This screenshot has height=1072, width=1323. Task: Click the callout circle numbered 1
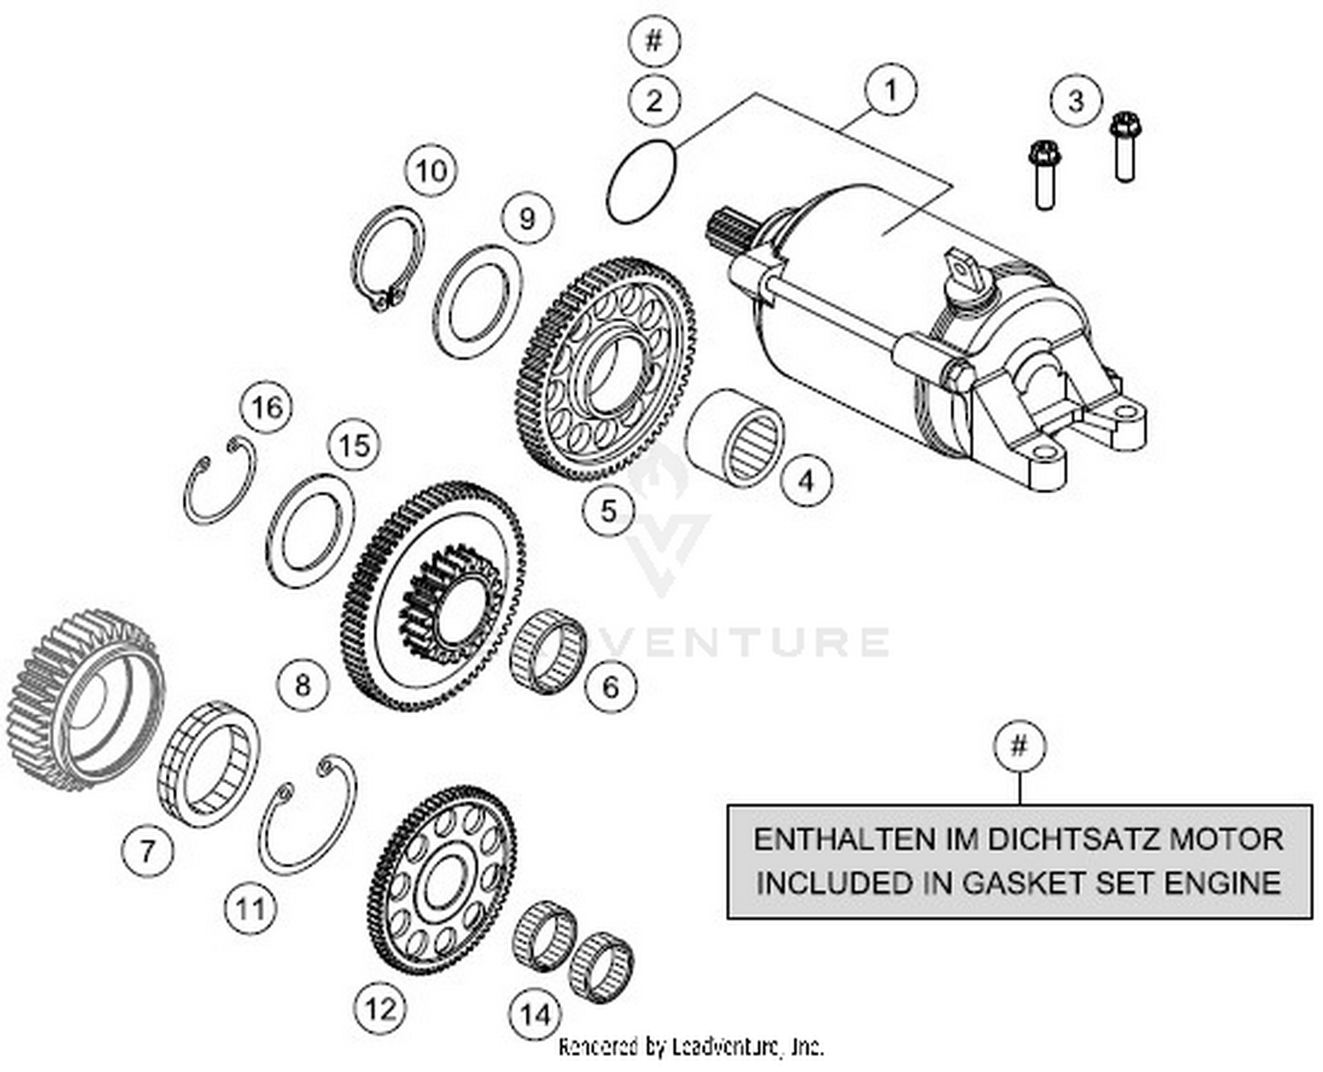pyautogui.click(x=890, y=90)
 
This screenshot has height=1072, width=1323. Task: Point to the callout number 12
pyautogui.click(x=381, y=1007)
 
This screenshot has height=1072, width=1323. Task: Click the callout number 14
pyautogui.click(x=535, y=1015)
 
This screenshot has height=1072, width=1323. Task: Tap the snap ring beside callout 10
pyautogui.click(x=388, y=259)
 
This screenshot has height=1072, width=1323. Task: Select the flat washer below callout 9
pyautogui.click(x=477, y=302)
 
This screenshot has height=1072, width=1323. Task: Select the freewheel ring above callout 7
pyautogui.click(x=208, y=764)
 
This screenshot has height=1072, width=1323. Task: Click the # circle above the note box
pyautogui.click(x=1019, y=746)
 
